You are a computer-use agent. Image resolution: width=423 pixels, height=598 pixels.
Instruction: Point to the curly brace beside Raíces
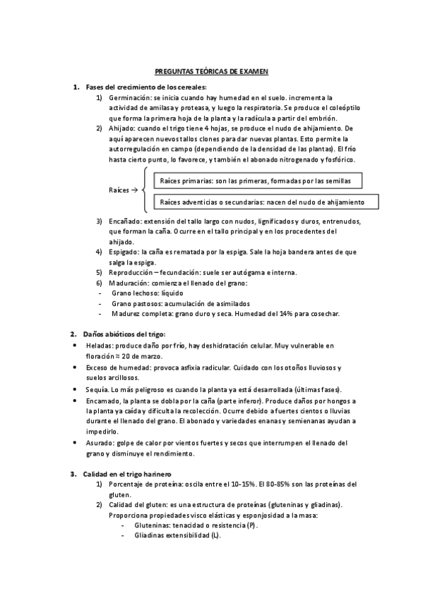pos(144,190)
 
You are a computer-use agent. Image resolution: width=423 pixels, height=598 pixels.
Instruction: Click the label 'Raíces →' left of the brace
pos(122,190)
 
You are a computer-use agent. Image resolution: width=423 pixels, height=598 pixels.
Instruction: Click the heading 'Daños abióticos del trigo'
pos(124,334)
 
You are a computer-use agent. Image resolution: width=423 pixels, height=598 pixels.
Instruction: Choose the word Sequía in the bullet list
pos(96,389)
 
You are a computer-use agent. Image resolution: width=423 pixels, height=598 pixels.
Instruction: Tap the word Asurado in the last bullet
pos(98,443)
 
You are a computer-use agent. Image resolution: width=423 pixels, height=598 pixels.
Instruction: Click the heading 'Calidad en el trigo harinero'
pos(127,473)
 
